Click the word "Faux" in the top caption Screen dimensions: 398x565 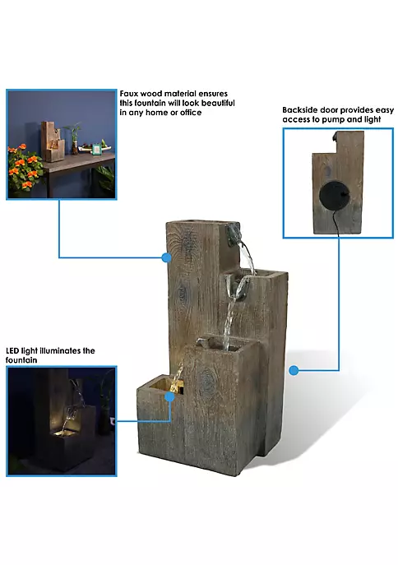[128, 94]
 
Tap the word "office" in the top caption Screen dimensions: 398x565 [191, 113]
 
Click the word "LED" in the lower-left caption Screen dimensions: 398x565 [12, 350]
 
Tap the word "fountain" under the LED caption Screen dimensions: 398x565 [21, 360]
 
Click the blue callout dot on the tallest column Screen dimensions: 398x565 [166, 257]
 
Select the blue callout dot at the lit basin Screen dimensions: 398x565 [169, 397]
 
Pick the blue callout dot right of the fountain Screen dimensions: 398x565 [294, 370]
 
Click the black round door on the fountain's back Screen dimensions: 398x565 [334, 195]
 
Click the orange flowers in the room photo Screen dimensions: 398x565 [24, 166]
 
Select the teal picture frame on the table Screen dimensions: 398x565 [96, 149]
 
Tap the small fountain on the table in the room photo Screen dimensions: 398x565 [52, 141]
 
